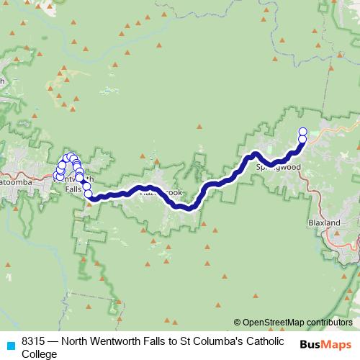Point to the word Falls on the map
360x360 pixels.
73,189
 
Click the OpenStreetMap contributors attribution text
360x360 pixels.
292,323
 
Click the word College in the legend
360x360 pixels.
39,354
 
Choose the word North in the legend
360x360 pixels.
75,341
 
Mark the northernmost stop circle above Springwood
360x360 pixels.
302,131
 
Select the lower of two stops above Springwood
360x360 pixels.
302,139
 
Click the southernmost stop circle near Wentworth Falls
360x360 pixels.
89,193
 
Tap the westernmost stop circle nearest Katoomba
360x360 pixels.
57,175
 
